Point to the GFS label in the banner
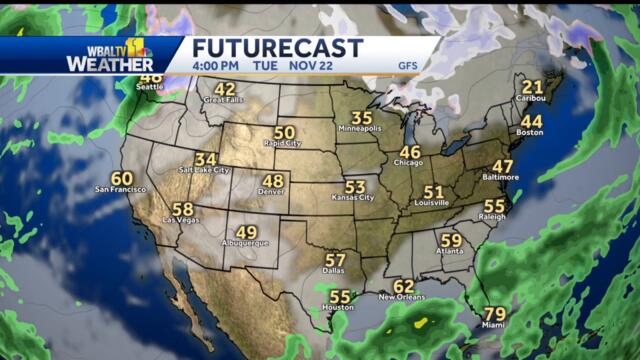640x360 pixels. [408, 67]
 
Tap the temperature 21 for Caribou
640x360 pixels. [532, 88]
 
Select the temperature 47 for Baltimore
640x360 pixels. [503, 166]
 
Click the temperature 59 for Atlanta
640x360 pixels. [451, 240]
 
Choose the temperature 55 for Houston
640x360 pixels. [340, 297]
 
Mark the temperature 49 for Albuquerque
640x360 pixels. [246, 233]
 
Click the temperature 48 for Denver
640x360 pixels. [273, 181]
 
